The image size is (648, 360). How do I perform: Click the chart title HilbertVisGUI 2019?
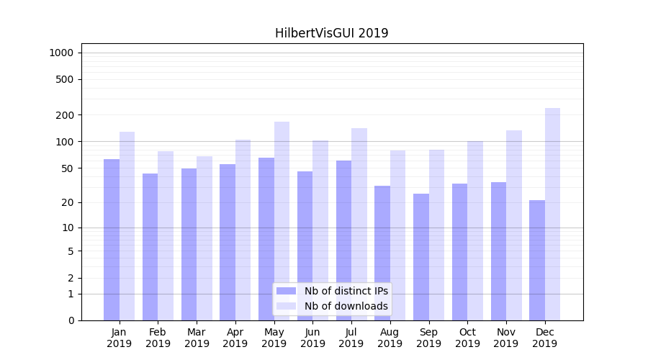click(x=331, y=33)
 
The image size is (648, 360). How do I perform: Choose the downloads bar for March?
click(x=204, y=238)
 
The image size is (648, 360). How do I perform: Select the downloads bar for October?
click(x=475, y=230)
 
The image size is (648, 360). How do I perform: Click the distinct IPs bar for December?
click(x=537, y=260)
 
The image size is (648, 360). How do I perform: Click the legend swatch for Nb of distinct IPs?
click(x=286, y=291)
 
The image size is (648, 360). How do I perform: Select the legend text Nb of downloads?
click(x=346, y=306)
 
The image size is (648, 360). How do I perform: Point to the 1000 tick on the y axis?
click(x=60, y=53)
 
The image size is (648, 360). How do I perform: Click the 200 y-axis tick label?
click(x=65, y=115)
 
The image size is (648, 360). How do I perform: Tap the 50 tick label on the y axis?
click(x=67, y=168)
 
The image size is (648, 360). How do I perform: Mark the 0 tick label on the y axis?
click(x=71, y=320)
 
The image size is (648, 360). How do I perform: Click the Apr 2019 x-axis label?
click(x=235, y=338)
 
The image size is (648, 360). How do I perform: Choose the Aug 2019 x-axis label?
click(x=390, y=338)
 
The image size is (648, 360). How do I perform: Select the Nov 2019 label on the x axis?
click(x=506, y=338)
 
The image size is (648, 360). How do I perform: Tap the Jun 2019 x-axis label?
click(x=312, y=338)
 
